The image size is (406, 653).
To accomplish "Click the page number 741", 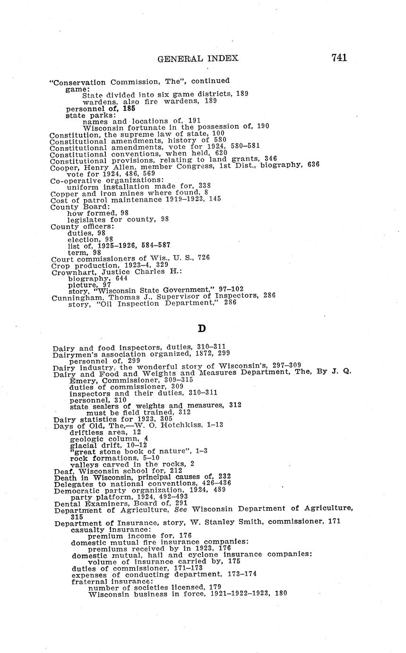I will (x=339, y=58).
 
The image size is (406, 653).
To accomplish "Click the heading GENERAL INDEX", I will (x=198, y=59).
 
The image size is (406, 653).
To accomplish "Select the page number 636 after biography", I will (x=313, y=164).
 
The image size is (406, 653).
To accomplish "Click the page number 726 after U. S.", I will (x=203, y=258).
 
